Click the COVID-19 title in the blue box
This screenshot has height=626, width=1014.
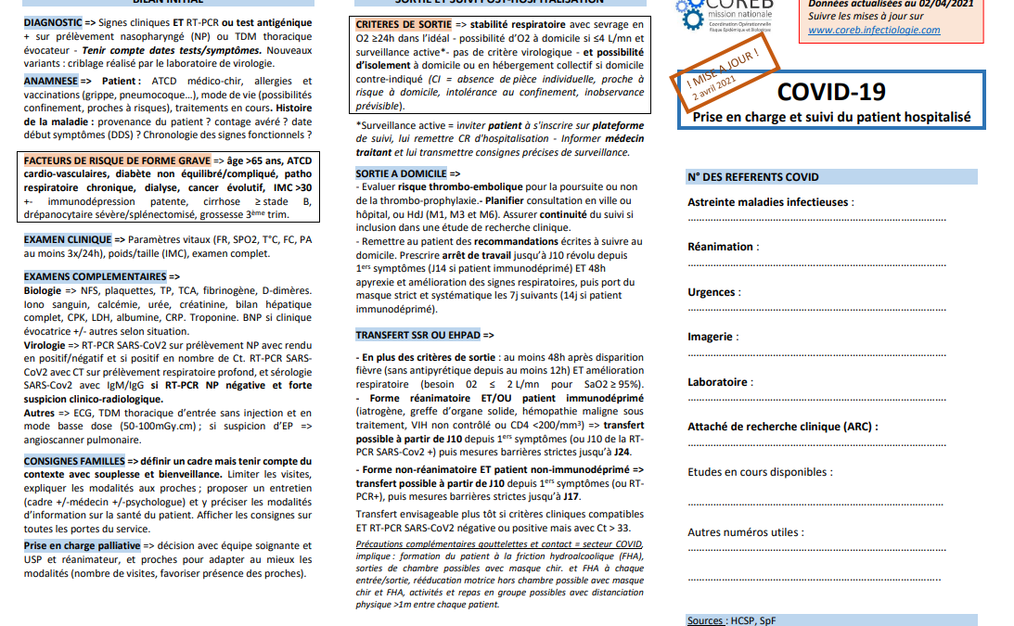pyautogui.click(x=830, y=91)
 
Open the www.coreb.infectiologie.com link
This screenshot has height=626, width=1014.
pyautogui.click(x=874, y=30)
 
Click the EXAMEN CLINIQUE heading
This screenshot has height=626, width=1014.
pyautogui.click(x=68, y=239)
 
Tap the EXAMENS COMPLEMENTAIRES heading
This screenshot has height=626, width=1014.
pyautogui.click(x=95, y=276)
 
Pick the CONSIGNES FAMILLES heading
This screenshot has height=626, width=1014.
pyautogui.click(x=74, y=461)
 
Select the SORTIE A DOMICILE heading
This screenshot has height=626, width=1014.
pyautogui.click(x=401, y=173)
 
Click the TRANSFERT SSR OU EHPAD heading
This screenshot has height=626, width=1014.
pyautogui.click(x=418, y=335)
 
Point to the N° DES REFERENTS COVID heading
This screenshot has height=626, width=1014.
pyautogui.click(x=753, y=177)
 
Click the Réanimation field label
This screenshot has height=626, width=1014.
pyautogui.click(x=720, y=247)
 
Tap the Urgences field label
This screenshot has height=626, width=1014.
pyautogui.click(x=711, y=292)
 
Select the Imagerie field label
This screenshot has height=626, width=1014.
pyautogui.click(x=710, y=337)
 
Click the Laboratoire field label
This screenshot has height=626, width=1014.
pyautogui.click(x=718, y=382)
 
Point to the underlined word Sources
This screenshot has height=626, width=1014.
pyautogui.click(x=706, y=620)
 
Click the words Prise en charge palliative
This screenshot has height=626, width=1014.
pyautogui.click(x=83, y=546)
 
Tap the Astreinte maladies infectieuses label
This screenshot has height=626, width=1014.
pyautogui.click(x=767, y=202)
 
